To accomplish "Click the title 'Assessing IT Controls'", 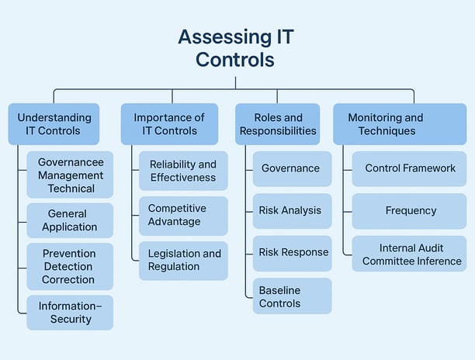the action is pyautogui.click(x=236, y=48).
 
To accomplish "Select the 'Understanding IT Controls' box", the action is pyautogui.click(x=54, y=124).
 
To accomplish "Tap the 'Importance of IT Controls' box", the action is pyautogui.click(x=169, y=124).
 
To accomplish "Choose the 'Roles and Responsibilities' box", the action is pyautogui.click(x=278, y=124).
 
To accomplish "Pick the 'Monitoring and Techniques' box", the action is pyautogui.click(x=400, y=124).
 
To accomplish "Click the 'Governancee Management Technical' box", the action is pyautogui.click(x=70, y=175).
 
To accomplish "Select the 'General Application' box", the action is pyautogui.click(x=70, y=220).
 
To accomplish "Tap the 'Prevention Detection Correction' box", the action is pyautogui.click(x=70, y=266).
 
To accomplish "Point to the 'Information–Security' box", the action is pyautogui.click(x=70, y=313).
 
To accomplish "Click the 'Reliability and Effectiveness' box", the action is pyautogui.click(x=183, y=171).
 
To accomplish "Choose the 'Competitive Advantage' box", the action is pyautogui.click(x=183, y=216).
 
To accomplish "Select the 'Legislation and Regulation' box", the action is pyautogui.click(x=183, y=261).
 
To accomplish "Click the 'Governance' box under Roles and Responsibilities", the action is pyautogui.click(x=293, y=168).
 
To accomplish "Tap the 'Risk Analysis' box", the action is pyautogui.click(x=293, y=211).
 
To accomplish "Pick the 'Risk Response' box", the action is pyautogui.click(x=293, y=254).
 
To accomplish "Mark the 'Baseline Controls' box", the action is pyautogui.click(x=293, y=296).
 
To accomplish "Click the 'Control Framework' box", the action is pyautogui.click(x=409, y=168).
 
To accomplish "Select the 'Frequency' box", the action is pyautogui.click(x=409, y=211).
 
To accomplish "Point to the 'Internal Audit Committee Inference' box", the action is pyautogui.click(x=409, y=254).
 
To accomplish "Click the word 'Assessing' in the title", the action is pyautogui.click(x=225, y=37).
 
